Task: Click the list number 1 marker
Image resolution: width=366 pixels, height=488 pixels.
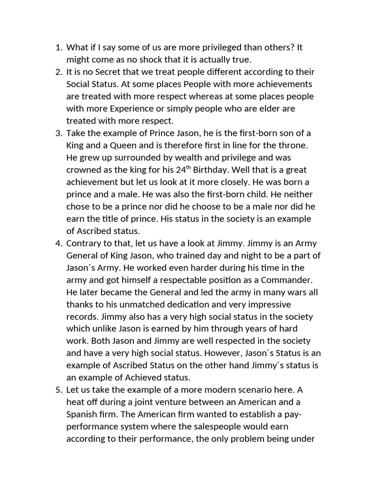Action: click(59, 47)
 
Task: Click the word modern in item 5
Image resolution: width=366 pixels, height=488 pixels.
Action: click(221, 390)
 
